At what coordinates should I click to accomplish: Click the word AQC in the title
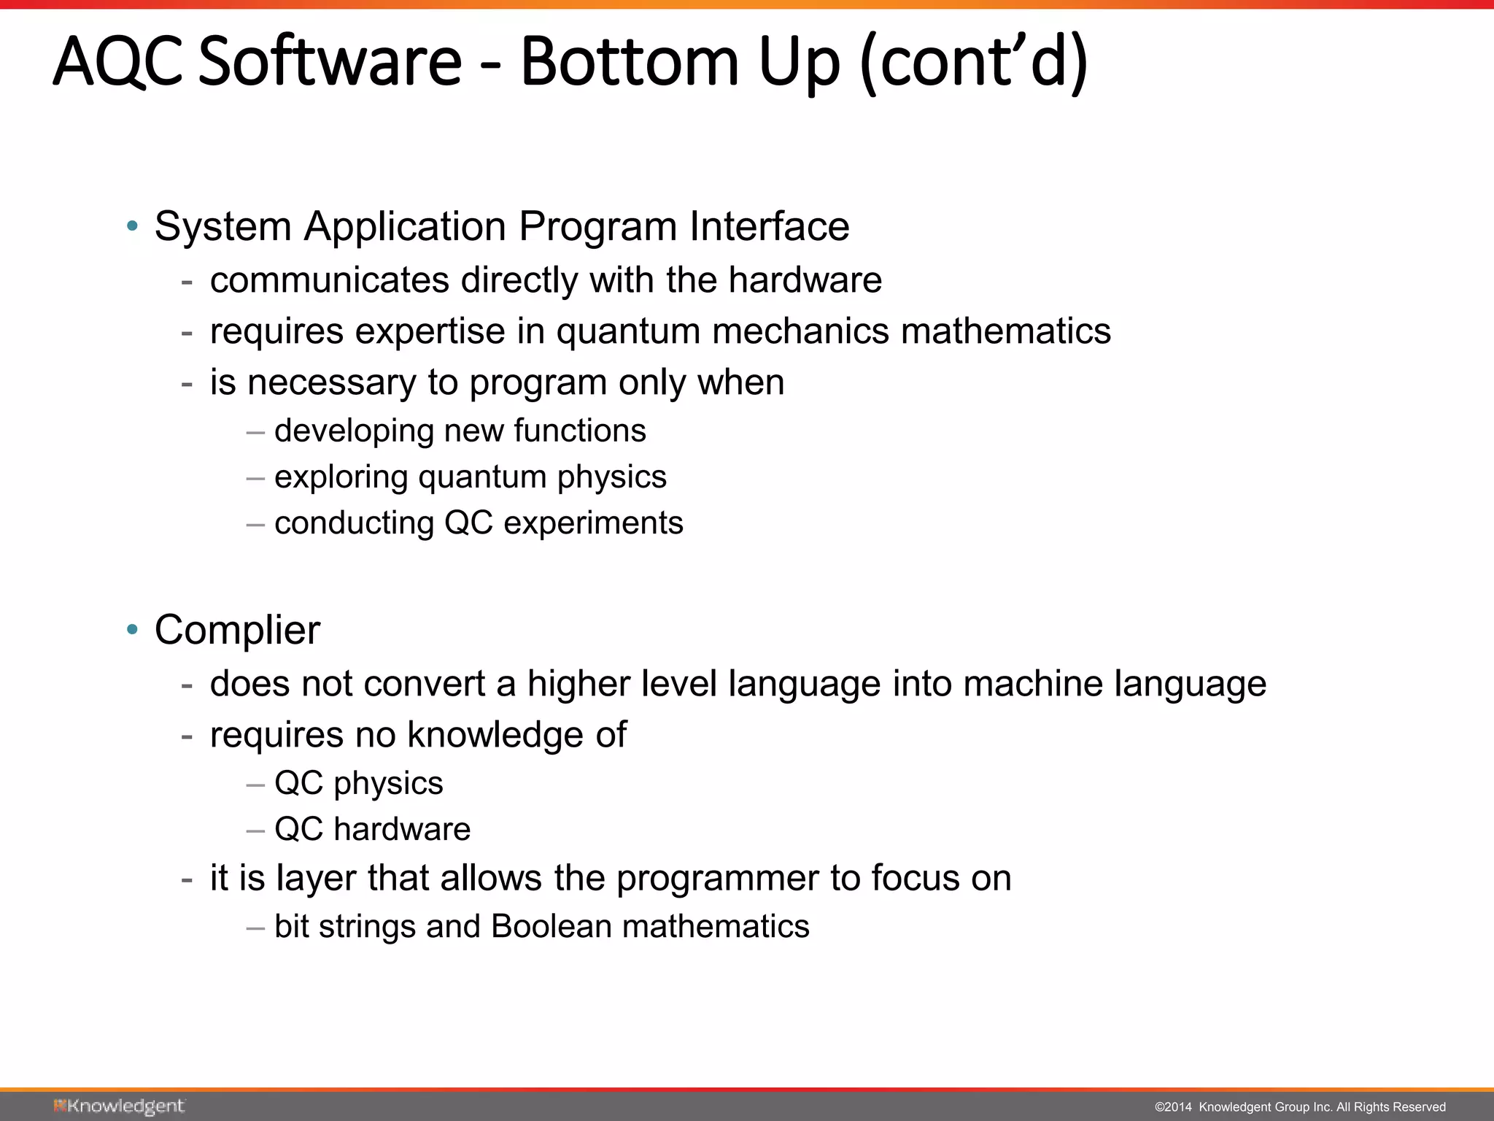coord(117,61)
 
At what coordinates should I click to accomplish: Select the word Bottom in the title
coord(630,61)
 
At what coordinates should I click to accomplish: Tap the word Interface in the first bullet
coord(770,226)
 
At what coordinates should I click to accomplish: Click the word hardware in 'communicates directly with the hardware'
coord(805,280)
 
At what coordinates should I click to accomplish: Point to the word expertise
coord(430,331)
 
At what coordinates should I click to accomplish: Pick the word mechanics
coord(801,331)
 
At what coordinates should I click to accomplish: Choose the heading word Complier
coord(237,630)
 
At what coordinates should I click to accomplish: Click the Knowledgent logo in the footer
coord(119,1106)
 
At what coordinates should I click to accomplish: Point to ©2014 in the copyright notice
coord(1172,1107)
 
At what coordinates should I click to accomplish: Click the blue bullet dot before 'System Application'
coord(132,226)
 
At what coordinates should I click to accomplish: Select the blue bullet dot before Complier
coord(132,629)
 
